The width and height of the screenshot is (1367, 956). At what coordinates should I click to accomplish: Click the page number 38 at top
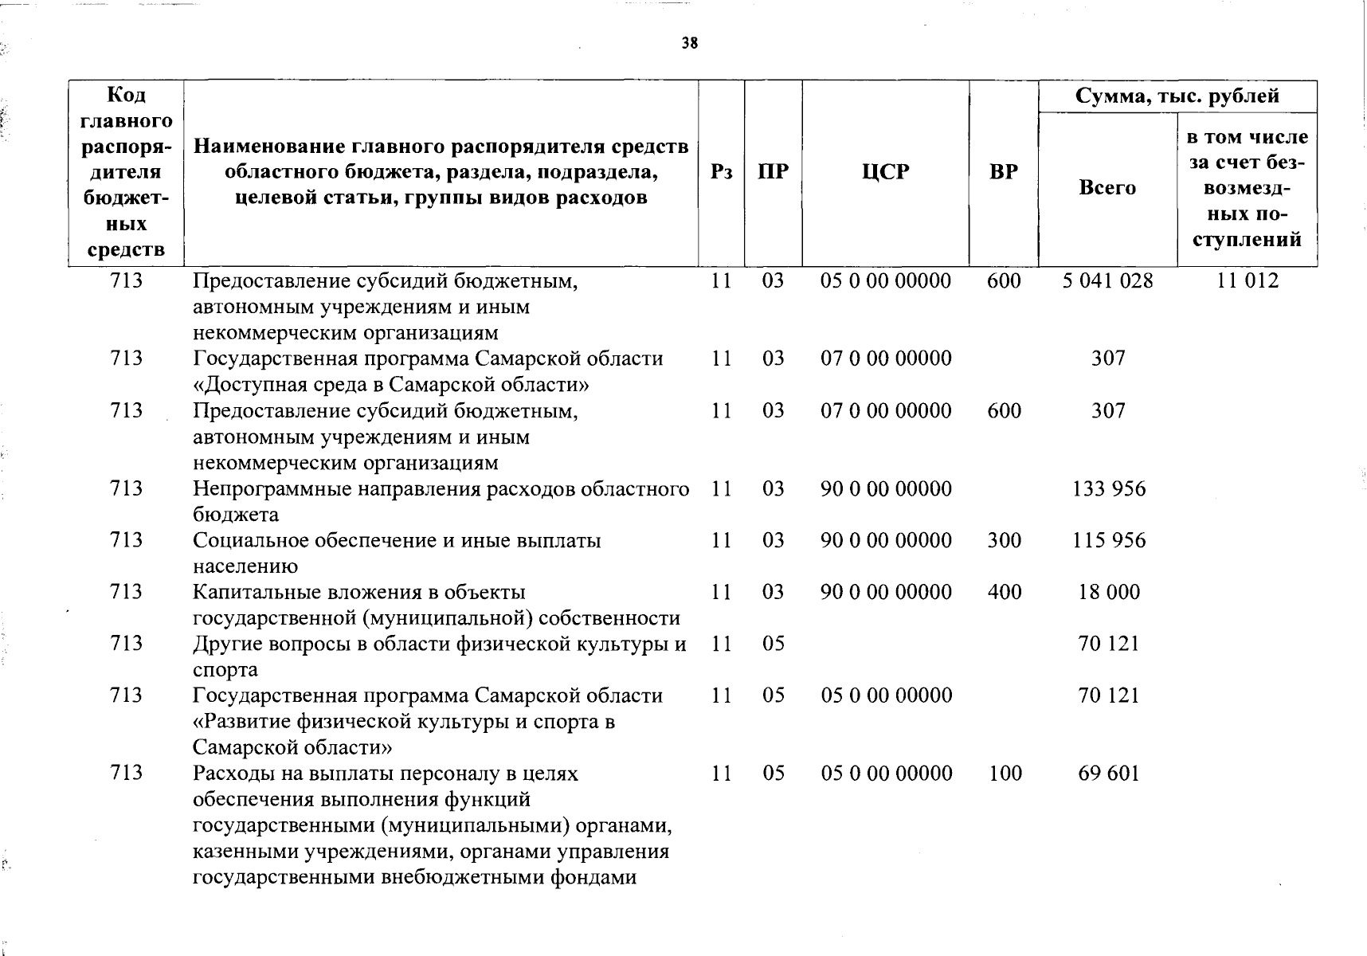[690, 44]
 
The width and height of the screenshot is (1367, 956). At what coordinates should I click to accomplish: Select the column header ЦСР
[885, 172]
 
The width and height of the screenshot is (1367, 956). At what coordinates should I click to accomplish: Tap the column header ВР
[1004, 172]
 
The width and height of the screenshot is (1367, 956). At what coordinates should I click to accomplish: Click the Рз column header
[721, 172]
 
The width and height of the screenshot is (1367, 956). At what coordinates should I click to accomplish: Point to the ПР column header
[773, 172]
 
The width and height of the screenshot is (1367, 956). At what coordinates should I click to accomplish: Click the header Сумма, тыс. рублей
[1177, 96]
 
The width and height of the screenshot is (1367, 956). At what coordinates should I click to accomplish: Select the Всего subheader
[1107, 188]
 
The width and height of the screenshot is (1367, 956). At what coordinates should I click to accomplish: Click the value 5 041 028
[1107, 281]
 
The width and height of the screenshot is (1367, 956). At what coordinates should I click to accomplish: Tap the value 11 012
[1248, 281]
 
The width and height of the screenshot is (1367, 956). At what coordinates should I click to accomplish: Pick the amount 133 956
[1109, 489]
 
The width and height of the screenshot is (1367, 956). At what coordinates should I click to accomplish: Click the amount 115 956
[1109, 541]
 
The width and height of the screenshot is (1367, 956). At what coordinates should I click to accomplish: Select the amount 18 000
[1109, 593]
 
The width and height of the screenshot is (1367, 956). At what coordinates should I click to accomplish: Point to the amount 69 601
[1109, 774]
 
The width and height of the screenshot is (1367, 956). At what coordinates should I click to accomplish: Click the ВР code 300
[1004, 541]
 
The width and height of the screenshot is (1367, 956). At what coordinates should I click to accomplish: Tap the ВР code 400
[1004, 593]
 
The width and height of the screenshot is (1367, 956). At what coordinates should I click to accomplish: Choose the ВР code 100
[1005, 774]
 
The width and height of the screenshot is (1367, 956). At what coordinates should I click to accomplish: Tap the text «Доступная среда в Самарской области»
[391, 386]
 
